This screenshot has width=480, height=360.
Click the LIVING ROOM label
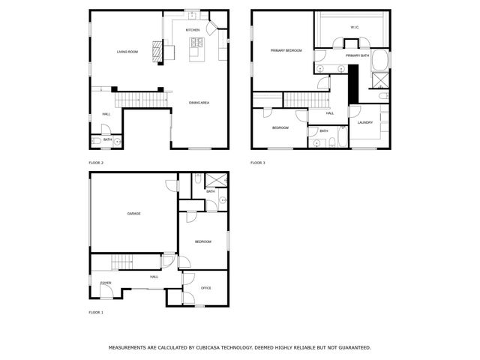click(127, 52)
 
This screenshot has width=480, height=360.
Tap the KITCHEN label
click(193, 30)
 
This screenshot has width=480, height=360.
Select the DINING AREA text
click(199, 102)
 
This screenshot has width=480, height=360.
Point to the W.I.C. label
click(355, 28)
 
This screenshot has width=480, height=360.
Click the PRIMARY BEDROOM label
click(286, 50)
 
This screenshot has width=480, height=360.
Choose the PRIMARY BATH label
click(357, 55)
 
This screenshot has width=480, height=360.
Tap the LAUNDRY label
click(365, 123)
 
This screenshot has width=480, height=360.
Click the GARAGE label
click(133, 214)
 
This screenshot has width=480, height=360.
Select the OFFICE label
click(205, 288)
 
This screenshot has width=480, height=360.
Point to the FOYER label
click(106, 283)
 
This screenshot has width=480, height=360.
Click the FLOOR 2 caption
click(96, 163)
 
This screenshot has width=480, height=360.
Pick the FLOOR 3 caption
click(257, 163)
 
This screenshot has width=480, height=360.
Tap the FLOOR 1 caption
click(96, 312)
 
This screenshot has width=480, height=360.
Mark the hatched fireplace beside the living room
click(157, 51)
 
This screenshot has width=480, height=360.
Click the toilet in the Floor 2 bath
click(97, 140)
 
